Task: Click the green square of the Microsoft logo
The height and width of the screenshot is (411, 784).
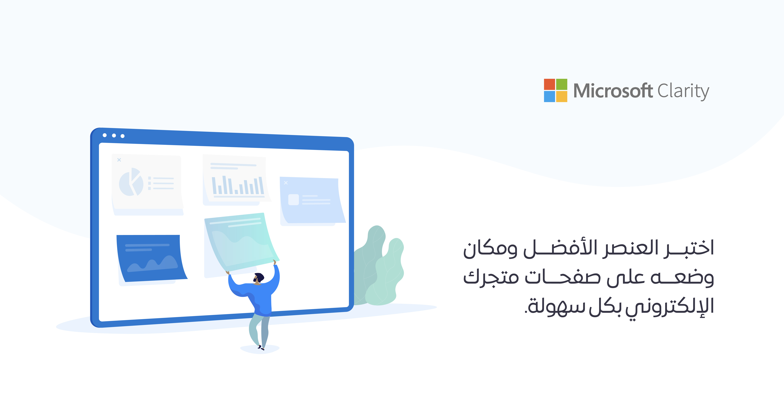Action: coord(561,84)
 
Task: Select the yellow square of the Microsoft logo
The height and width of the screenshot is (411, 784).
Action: coord(561,97)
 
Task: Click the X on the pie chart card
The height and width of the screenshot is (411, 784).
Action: coord(119,160)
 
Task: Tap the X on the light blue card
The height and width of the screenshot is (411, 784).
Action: coord(286,183)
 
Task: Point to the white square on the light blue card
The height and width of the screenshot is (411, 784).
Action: coord(293,200)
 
